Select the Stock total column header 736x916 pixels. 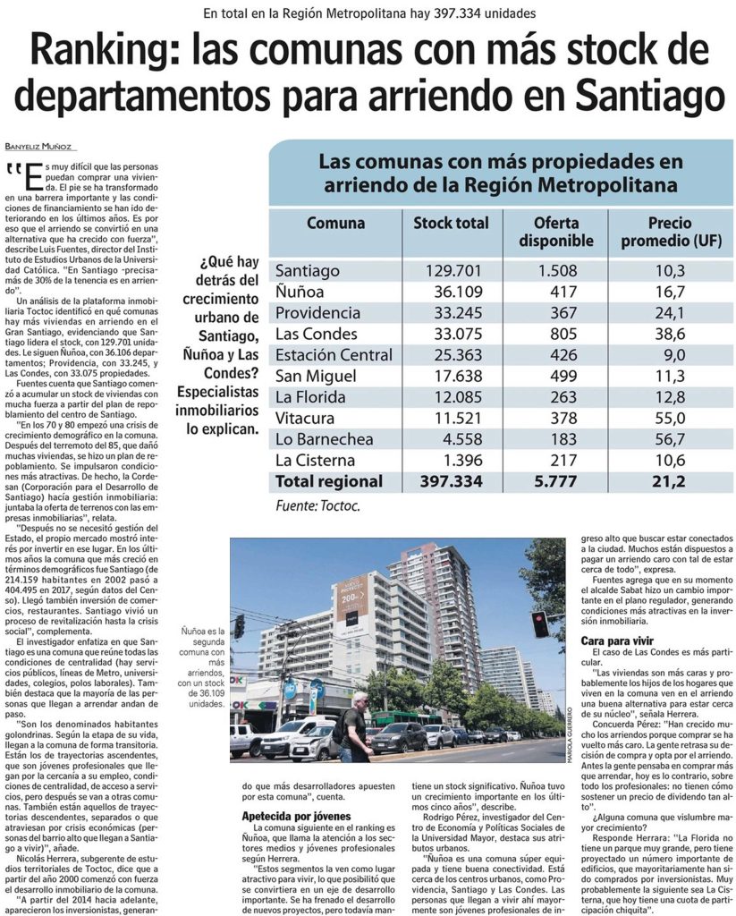[451, 223]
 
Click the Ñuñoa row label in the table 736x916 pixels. [299, 292]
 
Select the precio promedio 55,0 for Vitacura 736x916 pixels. [669, 418]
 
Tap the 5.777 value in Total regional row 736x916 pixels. [556, 481]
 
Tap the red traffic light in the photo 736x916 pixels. [540, 623]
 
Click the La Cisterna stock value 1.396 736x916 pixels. [461, 461]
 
